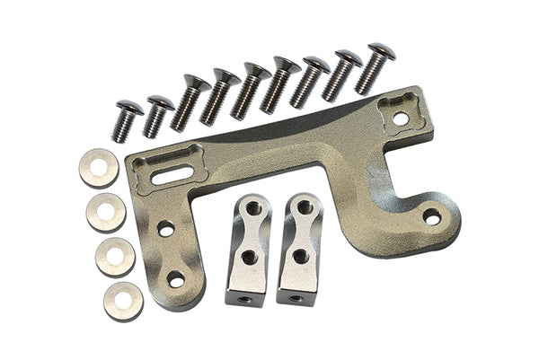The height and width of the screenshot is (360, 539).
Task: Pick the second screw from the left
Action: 156,115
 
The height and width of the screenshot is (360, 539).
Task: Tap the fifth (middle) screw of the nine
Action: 251,89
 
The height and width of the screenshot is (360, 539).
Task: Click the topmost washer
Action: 99,167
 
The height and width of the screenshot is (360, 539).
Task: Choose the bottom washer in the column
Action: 123,301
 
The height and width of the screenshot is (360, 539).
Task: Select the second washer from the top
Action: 106,212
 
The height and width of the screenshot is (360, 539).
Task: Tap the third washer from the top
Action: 115,257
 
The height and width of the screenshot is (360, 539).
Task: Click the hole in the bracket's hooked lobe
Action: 432,216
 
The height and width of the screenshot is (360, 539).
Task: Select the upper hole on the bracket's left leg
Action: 166,229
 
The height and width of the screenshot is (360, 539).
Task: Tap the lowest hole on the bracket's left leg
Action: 176,280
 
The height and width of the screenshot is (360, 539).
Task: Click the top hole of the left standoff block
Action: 252,209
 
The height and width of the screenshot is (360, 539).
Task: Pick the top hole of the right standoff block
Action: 305,208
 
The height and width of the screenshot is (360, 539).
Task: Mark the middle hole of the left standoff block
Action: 250,258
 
